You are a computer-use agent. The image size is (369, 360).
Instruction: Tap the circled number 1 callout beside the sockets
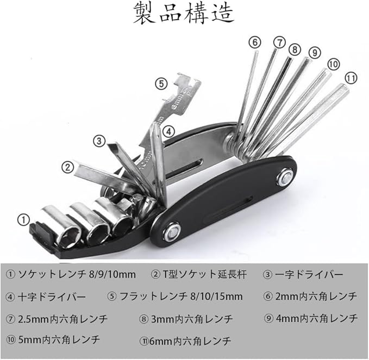[23, 219]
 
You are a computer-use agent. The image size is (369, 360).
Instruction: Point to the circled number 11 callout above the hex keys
[351, 78]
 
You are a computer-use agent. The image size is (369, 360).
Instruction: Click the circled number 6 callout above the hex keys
[255, 41]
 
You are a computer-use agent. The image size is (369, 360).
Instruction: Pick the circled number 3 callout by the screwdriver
[98, 141]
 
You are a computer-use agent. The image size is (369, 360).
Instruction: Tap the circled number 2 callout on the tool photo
[67, 166]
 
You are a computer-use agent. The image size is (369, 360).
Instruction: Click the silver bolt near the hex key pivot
[284, 177]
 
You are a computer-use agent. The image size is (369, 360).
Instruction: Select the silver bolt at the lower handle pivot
[172, 233]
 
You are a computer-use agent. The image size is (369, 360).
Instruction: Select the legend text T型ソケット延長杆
[198, 275]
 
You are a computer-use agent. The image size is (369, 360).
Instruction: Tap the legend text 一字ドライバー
[304, 275]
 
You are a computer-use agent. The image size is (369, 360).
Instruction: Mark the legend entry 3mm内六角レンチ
[187, 319]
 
